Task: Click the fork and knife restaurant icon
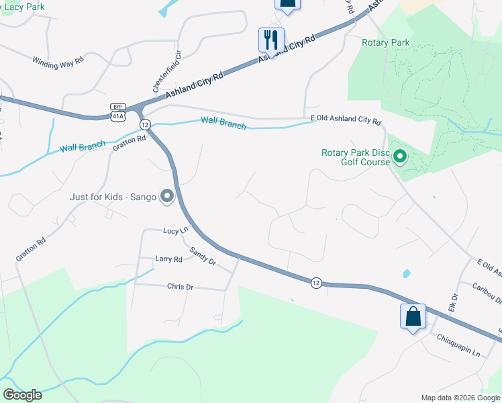(272, 39)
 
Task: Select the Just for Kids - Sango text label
(113, 197)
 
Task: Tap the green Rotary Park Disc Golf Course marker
(400, 157)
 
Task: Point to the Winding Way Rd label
(58, 60)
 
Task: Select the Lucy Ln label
(175, 230)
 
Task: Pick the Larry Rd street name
(168, 259)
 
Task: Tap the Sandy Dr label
(202, 256)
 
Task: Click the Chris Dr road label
(180, 287)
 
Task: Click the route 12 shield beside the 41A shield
(144, 124)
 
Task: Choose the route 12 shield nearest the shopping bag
(315, 282)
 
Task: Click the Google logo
(22, 395)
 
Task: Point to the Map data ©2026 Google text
(460, 398)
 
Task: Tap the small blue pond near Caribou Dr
(407, 273)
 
